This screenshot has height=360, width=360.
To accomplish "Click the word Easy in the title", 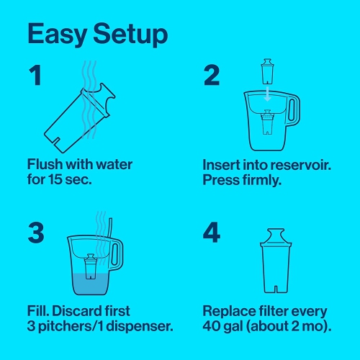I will pyautogui.click(x=60, y=34).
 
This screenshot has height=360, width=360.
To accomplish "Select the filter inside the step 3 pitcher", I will pyautogui.click(x=91, y=268).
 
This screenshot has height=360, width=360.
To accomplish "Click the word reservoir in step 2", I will pyautogui.click(x=292, y=164).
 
